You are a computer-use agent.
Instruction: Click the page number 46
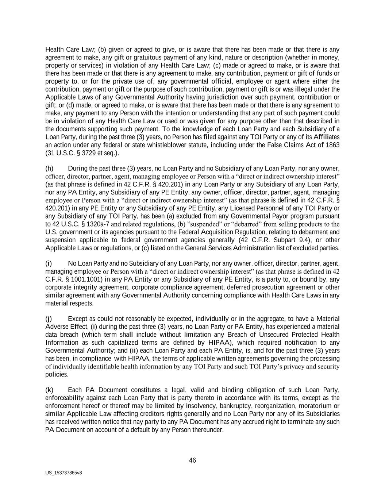coord(192,460)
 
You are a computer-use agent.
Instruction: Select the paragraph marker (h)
coord(49,169)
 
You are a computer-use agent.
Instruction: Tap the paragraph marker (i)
coord(49,263)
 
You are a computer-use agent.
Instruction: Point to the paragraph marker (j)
coord(49,319)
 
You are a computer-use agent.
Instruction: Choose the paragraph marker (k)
coord(49,390)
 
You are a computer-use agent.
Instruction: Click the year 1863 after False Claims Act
coord(332,145)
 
